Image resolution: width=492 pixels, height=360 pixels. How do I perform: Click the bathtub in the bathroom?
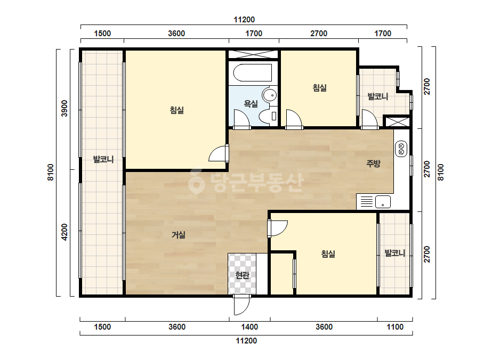coord(253,73)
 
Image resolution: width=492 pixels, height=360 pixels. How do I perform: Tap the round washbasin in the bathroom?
coord(270,94)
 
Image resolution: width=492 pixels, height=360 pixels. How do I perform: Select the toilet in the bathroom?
coord(269,116)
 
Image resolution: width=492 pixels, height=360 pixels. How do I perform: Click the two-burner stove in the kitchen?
coord(401,149)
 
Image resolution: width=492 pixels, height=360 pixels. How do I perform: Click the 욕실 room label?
coord(251,103)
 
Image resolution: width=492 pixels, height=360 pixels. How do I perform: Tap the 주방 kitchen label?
coord(373,163)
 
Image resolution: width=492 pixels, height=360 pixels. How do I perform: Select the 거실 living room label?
coord(179,234)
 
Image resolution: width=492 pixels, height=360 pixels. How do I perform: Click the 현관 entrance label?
coord(242,275)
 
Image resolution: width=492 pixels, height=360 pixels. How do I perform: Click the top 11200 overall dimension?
coord(244,20)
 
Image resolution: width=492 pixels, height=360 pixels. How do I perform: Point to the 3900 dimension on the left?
coord(64,108)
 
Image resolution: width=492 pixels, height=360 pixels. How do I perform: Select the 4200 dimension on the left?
coord(64,232)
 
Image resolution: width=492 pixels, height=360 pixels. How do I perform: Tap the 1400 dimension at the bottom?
coord(249,327)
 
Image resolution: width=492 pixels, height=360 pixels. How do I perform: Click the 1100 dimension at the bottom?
coord(395,327)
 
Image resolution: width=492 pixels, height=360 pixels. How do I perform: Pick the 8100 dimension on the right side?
coord(441,172)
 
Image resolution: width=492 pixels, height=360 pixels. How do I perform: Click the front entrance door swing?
coord(241,305)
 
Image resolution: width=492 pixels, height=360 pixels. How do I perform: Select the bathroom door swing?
coord(241,119)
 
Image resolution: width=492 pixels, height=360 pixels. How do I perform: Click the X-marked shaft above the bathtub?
coord(253,54)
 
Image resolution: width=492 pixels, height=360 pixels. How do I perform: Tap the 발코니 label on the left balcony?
coord(103,159)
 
